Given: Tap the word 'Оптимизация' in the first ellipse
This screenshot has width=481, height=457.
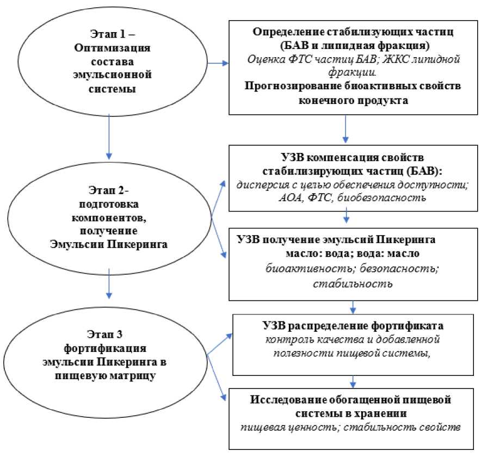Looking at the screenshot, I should coord(112,47).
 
